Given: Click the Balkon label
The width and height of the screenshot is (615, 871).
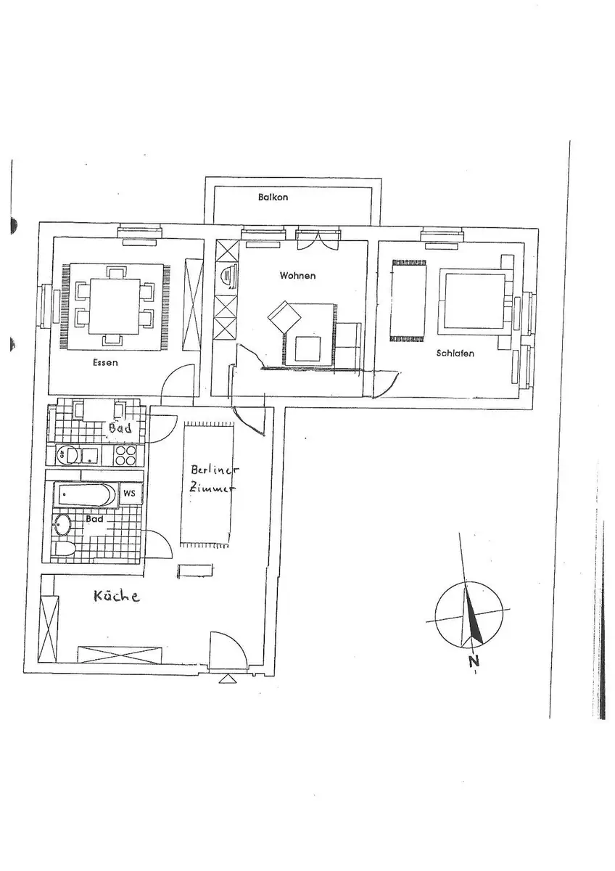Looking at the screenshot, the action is pos(273,197).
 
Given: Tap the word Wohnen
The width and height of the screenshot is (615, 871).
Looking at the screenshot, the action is pos(297,276).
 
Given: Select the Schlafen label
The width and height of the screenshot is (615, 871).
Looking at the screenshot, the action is pos(455,353).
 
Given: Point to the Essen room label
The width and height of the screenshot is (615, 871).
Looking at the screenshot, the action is pos(105,363).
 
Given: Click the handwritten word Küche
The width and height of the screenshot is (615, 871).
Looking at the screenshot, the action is pos(117,596).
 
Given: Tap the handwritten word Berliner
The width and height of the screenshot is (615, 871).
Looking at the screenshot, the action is pos(215,470).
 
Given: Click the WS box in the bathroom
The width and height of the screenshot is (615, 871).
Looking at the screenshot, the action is pos(129,494).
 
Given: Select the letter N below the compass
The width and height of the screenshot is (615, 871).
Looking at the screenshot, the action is pos(473,661).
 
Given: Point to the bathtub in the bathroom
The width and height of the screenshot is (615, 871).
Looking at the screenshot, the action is pos(85,494).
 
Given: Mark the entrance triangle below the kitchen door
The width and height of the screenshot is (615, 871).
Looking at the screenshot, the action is pos(227,679).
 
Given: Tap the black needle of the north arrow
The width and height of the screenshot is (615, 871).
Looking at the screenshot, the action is pos(474,618).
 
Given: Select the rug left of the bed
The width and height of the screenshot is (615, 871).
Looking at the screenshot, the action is pos(409,301).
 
